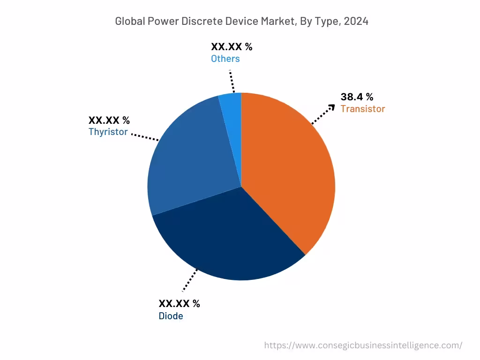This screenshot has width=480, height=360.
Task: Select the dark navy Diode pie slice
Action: pyautogui.click(x=225, y=239)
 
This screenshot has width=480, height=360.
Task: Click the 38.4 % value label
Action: pyautogui.click(x=357, y=97)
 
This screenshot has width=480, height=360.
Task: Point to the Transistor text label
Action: pyautogui.click(x=362, y=109)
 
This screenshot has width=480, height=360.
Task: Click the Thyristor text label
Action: pyautogui.click(x=108, y=132)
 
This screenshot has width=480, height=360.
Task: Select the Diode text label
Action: pyautogui.click(x=171, y=316)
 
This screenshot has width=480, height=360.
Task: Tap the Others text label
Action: pyautogui.click(x=225, y=59)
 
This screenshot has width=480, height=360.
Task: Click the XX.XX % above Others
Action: pyautogui.click(x=232, y=47)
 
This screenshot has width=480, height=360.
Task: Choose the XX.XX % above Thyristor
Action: pyautogui.click(x=109, y=120)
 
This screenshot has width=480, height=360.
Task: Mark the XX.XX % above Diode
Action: pyautogui.click(x=179, y=304)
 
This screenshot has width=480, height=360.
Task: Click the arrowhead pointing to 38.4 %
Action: pyautogui.click(x=332, y=107)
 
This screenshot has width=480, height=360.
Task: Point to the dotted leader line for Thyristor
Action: pyautogui.click(x=145, y=136)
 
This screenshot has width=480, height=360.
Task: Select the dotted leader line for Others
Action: pyautogui.click(x=232, y=82)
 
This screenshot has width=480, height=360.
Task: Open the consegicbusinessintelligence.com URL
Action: pyautogui.click(x=363, y=345)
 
